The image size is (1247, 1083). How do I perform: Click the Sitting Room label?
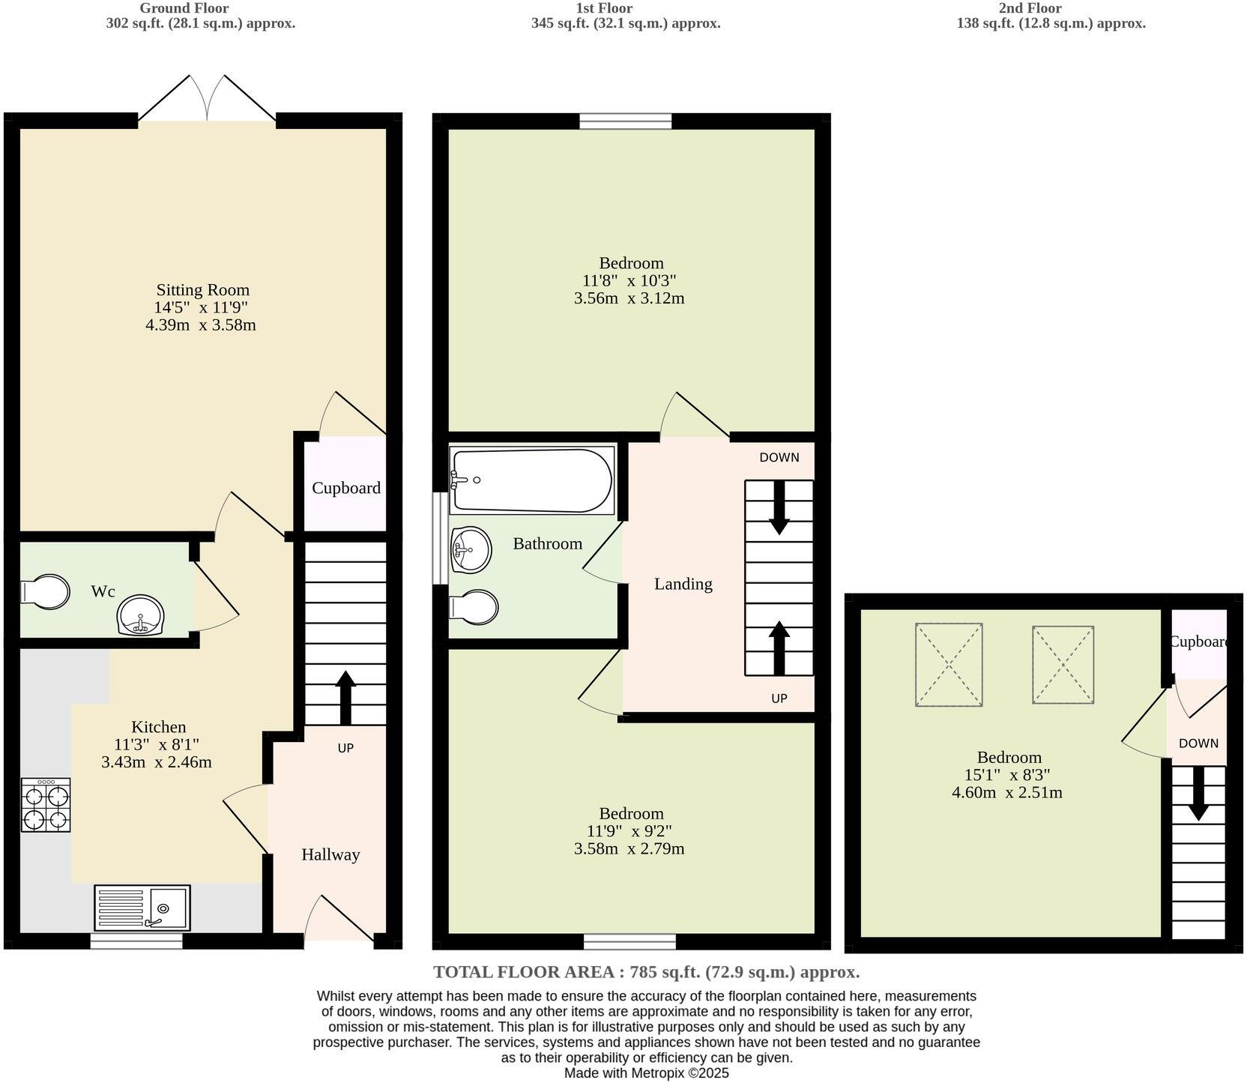click(x=202, y=290)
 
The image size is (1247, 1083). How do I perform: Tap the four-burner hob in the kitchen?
click(x=46, y=805)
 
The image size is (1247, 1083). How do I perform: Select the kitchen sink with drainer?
click(x=142, y=908)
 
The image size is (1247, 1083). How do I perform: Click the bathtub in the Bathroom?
click(x=531, y=480)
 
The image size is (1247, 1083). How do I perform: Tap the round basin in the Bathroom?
click(x=471, y=549)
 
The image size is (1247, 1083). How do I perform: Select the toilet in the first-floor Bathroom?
click(x=474, y=606)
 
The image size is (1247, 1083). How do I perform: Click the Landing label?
click(x=683, y=584)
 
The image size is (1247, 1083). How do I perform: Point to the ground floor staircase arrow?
click(x=345, y=697)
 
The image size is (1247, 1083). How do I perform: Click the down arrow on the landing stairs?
click(x=779, y=507)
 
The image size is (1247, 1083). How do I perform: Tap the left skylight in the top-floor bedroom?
click(x=949, y=664)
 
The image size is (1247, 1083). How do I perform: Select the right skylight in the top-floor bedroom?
click(x=1063, y=665)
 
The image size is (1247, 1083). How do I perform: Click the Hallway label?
click(x=330, y=854)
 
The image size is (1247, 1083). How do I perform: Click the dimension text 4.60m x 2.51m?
click(x=1006, y=792)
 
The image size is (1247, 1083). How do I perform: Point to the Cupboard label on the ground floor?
click(x=345, y=488)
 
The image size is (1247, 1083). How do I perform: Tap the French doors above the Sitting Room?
click(x=208, y=99)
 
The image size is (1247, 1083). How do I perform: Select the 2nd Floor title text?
click(x=1051, y=8)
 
